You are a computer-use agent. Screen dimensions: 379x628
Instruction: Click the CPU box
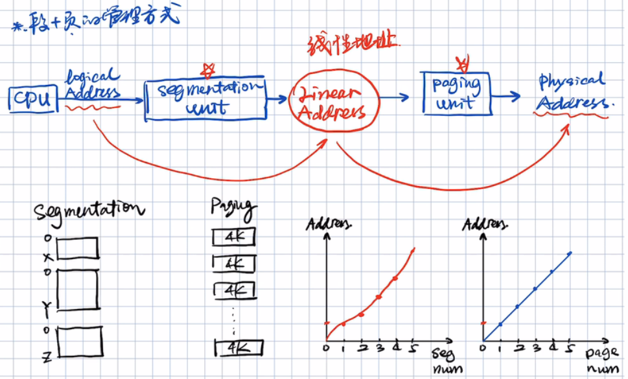pyautogui.click(x=33, y=100)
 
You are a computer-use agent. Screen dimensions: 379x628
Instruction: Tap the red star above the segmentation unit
pyautogui.click(x=207, y=69)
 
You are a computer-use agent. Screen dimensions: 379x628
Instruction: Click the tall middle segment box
pyautogui.click(x=77, y=289)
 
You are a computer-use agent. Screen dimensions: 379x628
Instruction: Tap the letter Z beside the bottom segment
pyautogui.click(x=47, y=354)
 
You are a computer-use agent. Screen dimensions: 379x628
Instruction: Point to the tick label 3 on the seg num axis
pyautogui.click(x=379, y=349)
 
